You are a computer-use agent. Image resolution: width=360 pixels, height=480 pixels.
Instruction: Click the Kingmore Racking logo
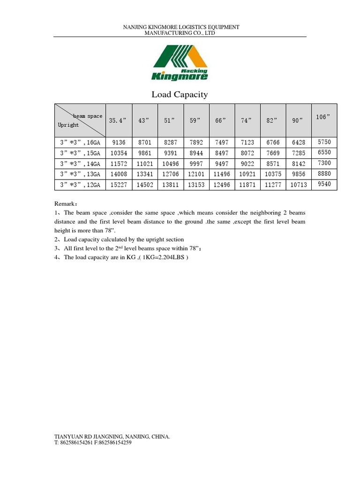click(180, 63)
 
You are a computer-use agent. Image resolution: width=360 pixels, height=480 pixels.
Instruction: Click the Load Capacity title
click(180, 95)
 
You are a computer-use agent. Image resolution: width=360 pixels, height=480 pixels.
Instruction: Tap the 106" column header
click(323, 117)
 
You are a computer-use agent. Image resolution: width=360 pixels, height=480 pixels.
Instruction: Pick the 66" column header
click(221, 120)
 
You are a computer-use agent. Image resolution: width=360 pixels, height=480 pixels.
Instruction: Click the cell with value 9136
click(118, 142)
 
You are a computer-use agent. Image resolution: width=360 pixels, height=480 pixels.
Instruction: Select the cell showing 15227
click(118, 185)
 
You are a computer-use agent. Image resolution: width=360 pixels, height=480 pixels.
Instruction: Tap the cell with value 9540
click(324, 184)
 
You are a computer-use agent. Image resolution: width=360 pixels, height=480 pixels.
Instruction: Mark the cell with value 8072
click(247, 153)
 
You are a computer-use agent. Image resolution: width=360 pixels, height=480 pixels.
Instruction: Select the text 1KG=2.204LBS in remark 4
click(162, 257)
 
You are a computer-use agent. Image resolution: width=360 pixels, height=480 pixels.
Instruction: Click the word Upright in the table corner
click(68, 125)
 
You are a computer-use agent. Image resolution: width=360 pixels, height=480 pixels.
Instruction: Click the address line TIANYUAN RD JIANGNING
click(112, 436)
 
